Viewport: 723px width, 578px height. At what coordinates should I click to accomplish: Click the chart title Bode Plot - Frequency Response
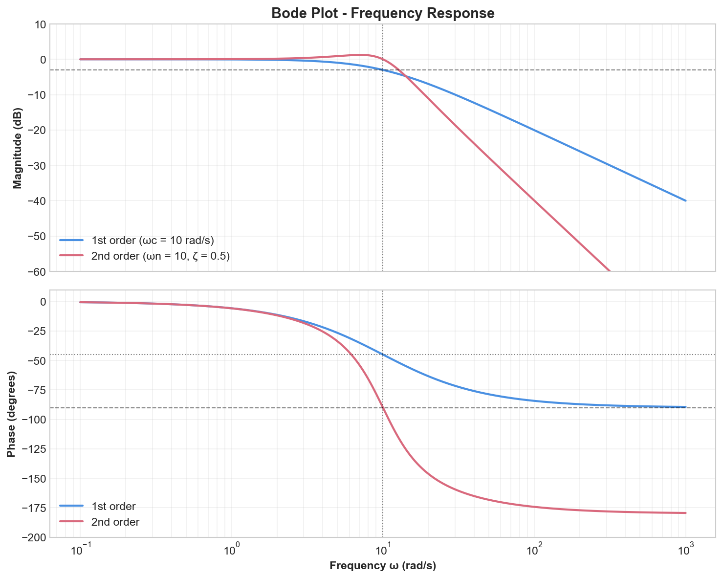pyautogui.click(x=383, y=13)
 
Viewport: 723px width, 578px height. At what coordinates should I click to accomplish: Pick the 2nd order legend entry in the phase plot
pyautogui.click(x=115, y=522)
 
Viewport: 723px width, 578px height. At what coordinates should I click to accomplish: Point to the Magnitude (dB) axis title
pyautogui.click(x=18, y=147)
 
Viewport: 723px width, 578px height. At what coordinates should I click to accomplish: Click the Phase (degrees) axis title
pyautogui.click(x=12, y=414)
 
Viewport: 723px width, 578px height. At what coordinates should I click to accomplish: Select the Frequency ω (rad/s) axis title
pyautogui.click(x=383, y=566)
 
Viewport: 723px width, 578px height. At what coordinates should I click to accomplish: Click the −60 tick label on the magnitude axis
pyautogui.click(x=36, y=272)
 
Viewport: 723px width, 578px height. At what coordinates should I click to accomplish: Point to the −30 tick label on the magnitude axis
pyautogui.click(x=36, y=166)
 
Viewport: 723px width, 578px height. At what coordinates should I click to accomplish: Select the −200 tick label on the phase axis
pyautogui.click(x=33, y=538)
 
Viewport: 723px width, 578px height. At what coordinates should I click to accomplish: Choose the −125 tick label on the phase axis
pyautogui.click(x=33, y=449)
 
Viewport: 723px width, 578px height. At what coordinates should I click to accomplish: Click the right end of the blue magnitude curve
pyautogui.click(x=686, y=200)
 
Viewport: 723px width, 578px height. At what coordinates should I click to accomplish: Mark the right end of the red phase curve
pyautogui.click(x=686, y=513)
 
